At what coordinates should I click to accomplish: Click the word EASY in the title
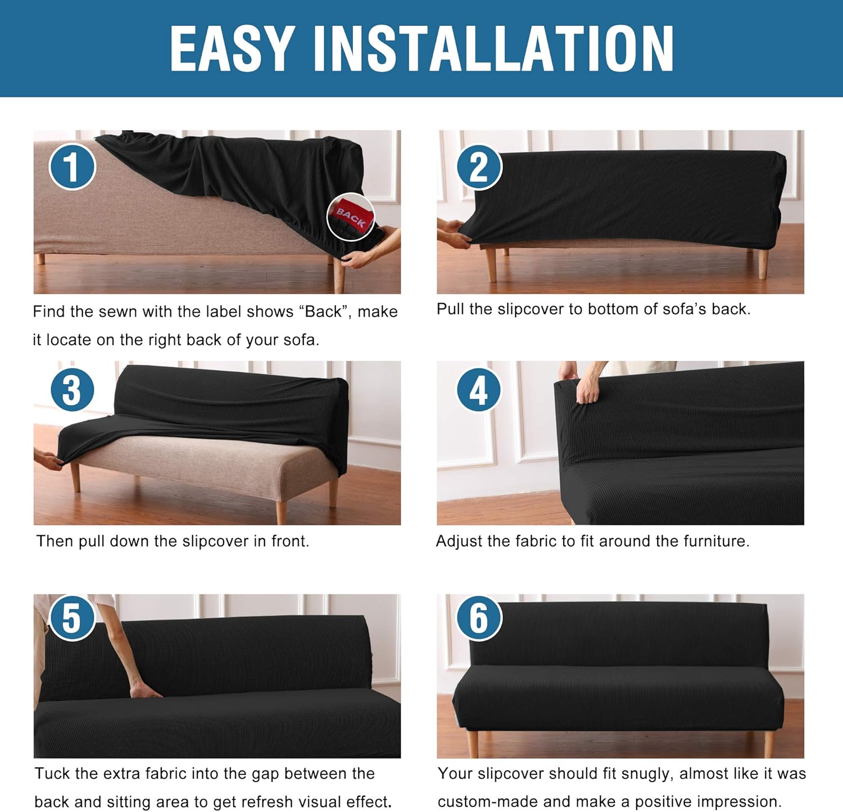232,48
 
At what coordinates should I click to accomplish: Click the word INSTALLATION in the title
493,48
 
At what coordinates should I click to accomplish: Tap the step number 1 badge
72,166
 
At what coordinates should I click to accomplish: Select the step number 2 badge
479,167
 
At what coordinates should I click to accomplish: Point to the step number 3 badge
72,390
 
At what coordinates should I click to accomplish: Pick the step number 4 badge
479,390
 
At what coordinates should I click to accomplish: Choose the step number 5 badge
72,617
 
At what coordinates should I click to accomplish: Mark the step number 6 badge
479,617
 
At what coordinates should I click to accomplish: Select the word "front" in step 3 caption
290,541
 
